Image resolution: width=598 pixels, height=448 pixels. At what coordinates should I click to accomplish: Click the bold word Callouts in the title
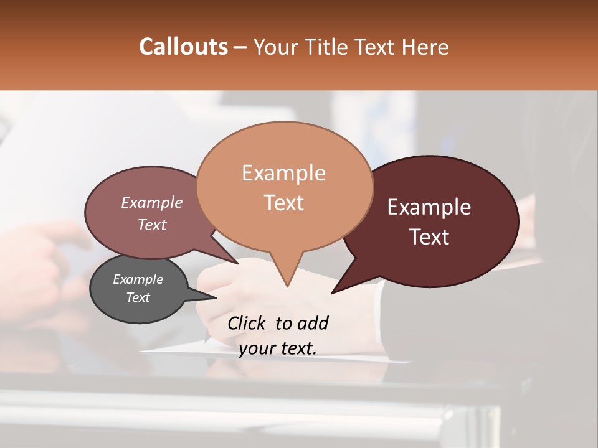pyautogui.click(x=183, y=47)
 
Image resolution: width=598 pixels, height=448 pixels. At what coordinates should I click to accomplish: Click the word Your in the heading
pyautogui.click(x=277, y=47)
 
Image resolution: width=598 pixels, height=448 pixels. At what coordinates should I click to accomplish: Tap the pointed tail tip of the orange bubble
pyautogui.click(x=287, y=286)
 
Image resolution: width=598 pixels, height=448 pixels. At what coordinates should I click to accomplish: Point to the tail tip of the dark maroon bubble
pyautogui.click(x=333, y=292)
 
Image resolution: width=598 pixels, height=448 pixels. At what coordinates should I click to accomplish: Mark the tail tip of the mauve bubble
pyautogui.click(x=237, y=263)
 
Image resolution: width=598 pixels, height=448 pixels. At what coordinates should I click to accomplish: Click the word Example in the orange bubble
pyautogui.click(x=283, y=173)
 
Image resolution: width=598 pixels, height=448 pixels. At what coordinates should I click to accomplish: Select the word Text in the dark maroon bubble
pyautogui.click(x=430, y=237)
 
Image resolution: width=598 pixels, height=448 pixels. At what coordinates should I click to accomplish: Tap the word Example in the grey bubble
pyautogui.click(x=138, y=279)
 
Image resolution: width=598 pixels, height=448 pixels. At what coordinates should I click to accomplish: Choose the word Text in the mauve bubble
pyautogui.click(x=152, y=225)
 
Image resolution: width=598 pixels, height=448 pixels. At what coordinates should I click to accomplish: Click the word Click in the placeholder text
pyautogui.click(x=248, y=323)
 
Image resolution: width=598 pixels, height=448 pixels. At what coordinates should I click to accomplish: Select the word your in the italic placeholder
pyautogui.click(x=257, y=348)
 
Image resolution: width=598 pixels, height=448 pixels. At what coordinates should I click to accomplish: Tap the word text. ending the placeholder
pyautogui.click(x=297, y=348)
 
